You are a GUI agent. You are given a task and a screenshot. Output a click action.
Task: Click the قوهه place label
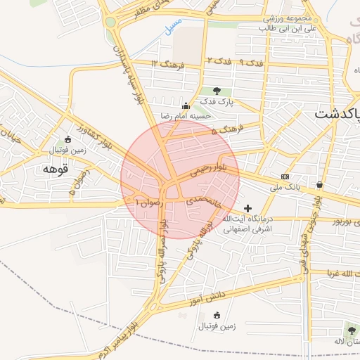click(x=55, y=169)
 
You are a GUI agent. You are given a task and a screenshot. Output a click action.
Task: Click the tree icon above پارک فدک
click(x=217, y=91)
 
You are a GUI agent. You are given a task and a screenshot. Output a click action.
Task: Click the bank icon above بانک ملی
click(x=285, y=176)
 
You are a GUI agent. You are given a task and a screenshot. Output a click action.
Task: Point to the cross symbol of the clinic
click(x=247, y=208)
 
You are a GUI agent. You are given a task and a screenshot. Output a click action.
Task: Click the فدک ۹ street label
click(x=250, y=63)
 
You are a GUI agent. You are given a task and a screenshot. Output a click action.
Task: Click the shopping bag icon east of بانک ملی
click(x=320, y=185)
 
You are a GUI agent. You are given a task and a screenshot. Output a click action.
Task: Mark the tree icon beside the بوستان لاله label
click(x=350, y=328)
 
